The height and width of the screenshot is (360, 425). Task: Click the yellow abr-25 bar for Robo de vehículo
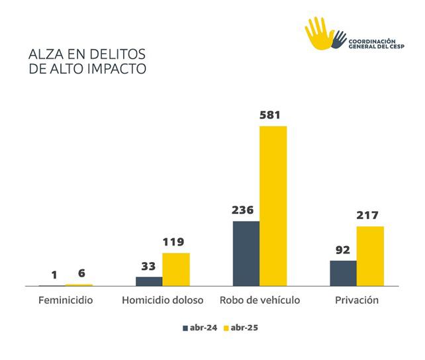click(x=273, y=206)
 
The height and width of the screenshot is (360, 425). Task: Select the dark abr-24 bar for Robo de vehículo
click(x=246, y=253)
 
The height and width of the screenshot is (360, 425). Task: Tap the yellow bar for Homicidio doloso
click(x=176, y=269)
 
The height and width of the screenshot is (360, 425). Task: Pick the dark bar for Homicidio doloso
click(x=149, y=281)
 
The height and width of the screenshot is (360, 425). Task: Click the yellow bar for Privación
click(x=370, y=256)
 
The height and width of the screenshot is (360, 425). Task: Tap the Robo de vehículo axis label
click(x=260, y=300)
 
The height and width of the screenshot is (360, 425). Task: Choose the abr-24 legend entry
click(x=199, y=328)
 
